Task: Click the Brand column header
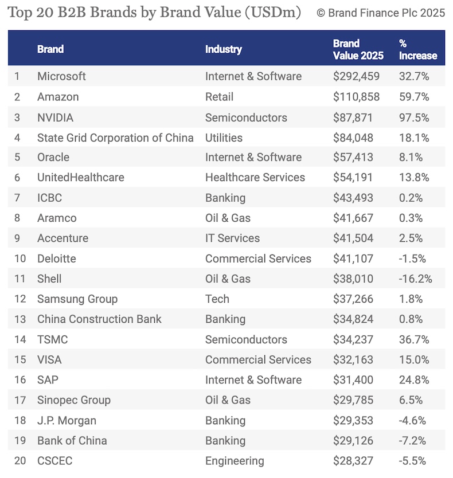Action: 50,49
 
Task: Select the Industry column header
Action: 224,49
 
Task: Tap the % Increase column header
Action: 418,49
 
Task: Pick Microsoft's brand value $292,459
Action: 356,76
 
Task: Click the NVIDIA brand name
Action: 56,117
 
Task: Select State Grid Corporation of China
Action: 115,137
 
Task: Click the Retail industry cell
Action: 219,96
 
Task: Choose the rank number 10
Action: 20,258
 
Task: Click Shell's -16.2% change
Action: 416,279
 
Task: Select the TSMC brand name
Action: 52,339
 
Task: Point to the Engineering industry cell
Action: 235,460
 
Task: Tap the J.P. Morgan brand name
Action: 67,420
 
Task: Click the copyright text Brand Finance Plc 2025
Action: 381,13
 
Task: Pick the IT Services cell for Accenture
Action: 232,238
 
